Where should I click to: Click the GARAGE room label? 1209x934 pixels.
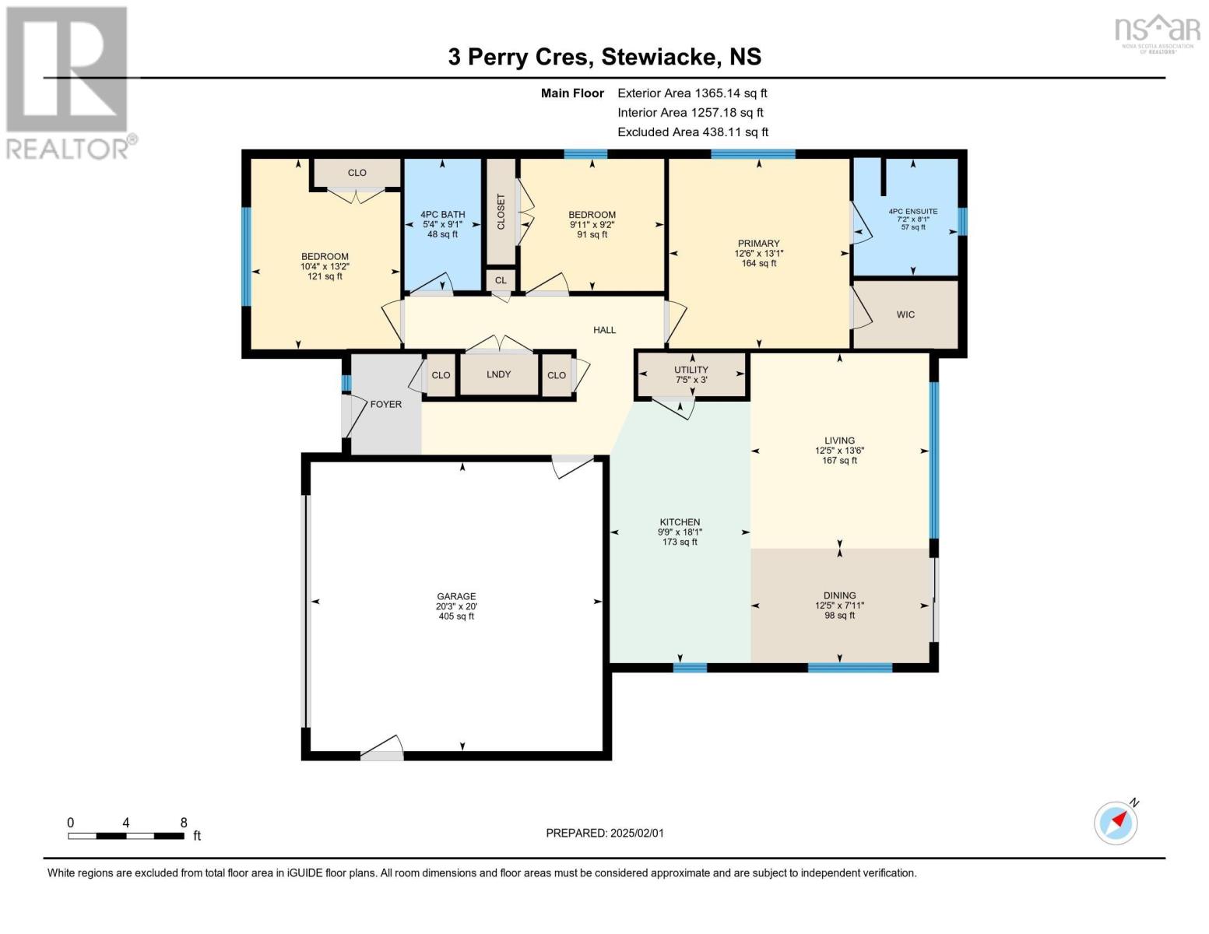(456, 595)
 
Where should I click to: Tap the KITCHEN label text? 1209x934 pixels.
(680, 521)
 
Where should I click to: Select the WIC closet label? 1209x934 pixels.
(905, 314)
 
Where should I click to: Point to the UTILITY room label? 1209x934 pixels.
(691, 370)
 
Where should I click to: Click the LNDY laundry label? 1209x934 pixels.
(498, 374)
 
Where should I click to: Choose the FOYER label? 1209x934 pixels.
(385, 405)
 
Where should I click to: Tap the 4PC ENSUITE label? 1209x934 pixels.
(913, 212)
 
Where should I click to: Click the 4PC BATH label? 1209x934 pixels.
(442, 214)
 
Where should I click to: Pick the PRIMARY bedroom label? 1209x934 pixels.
(758, 243)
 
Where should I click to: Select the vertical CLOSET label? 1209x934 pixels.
(501, 212)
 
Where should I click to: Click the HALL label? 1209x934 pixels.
(604, 330)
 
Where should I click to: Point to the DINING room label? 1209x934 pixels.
(839, 595)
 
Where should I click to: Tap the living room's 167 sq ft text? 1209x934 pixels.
(839, 460)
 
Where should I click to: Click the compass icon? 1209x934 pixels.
(1116, 823)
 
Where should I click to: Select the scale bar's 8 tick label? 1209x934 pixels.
(184, 822)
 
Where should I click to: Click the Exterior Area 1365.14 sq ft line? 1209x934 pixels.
(692, 93)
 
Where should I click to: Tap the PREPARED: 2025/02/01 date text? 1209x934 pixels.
(605, 833)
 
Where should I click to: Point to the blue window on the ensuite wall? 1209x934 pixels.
(962, 221)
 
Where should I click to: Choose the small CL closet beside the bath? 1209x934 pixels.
(501, 280)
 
